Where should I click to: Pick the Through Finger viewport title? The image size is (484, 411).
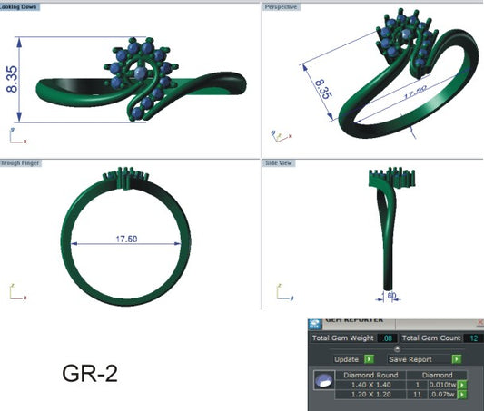(20, 163)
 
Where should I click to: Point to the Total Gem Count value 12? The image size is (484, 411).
(473, 338)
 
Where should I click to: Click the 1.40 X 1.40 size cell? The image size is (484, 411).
(370, 385)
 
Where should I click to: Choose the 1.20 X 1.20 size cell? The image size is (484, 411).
(370, 396)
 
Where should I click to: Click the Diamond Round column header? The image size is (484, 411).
(370, 373)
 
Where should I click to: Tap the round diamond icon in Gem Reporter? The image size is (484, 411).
(322, 385)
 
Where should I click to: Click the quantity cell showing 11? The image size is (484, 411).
(414, 396)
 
